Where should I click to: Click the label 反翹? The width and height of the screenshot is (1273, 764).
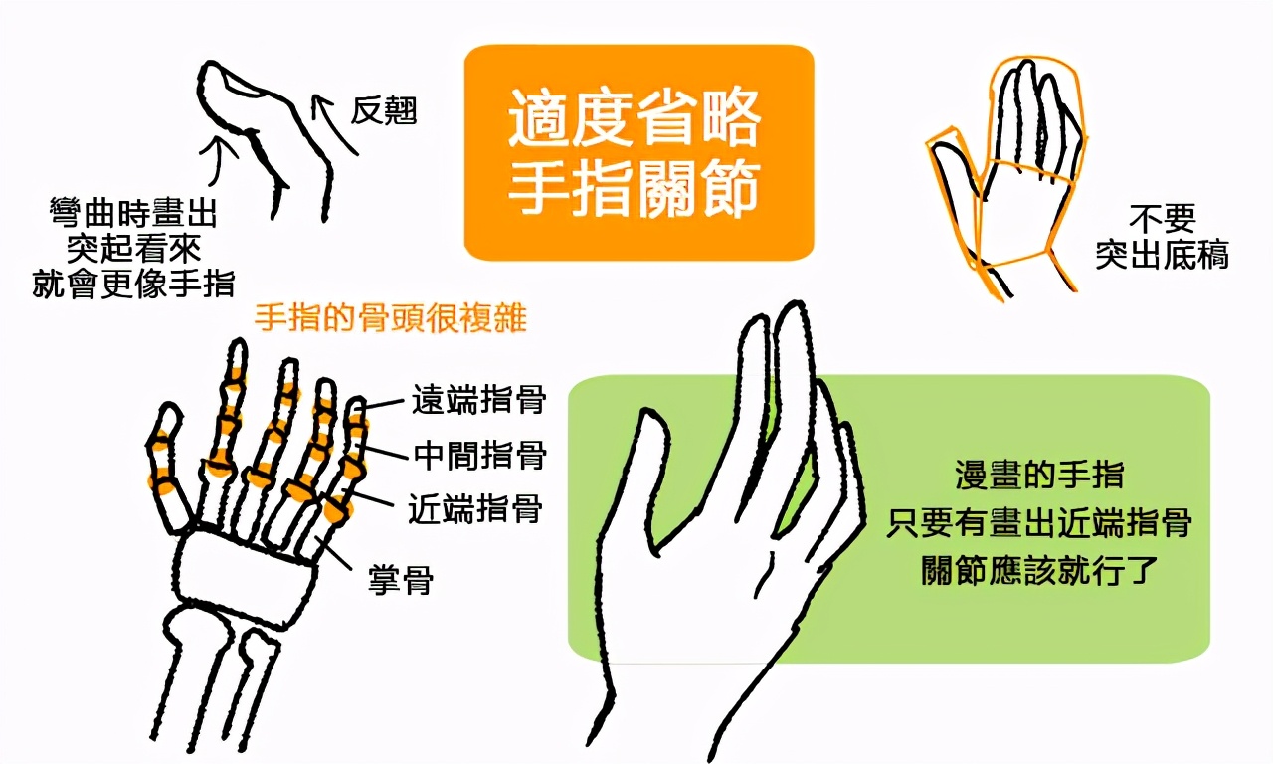384,110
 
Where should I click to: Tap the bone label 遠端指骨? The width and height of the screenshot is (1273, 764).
478,400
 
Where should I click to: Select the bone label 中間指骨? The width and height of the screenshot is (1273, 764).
480,455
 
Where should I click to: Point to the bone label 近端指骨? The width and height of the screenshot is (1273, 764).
475,508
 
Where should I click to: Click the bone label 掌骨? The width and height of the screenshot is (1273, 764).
401,580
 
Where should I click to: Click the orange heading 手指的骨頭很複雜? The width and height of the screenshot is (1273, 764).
390,317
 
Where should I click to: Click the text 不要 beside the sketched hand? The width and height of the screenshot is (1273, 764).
1163,218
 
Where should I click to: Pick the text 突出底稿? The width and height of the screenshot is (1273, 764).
1163,254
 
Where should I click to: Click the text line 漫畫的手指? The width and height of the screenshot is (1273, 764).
1039,475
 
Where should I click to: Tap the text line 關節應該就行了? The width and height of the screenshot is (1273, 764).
1039,569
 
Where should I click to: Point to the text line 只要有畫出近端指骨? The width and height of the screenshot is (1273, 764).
1039,522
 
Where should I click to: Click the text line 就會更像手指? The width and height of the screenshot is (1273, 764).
133,284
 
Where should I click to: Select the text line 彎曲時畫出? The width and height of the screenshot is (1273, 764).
133,213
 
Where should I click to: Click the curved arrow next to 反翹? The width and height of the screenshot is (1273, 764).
331,122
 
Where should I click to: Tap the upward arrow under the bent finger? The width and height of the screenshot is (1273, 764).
220,163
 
